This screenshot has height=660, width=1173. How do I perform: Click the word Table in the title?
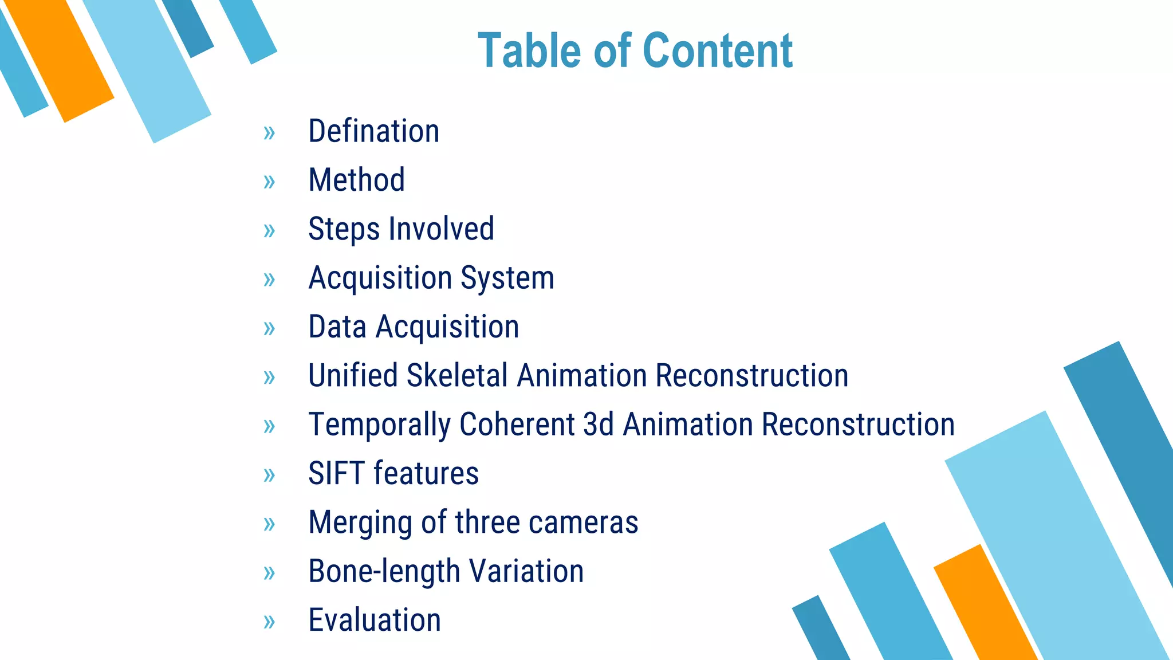530,51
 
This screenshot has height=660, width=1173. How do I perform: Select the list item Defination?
373,131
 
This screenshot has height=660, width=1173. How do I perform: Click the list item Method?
356,180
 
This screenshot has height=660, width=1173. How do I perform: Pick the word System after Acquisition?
507,278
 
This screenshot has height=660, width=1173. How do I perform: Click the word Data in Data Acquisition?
337,327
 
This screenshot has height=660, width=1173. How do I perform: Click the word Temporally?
380,426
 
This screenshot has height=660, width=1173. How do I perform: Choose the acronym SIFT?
336,474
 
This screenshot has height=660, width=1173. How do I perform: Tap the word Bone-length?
384,572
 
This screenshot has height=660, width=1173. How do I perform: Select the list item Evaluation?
375,620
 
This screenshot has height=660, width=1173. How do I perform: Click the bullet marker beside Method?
269,182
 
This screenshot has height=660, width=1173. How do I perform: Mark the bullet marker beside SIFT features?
269,475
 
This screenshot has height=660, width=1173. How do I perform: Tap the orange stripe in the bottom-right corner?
985,607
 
